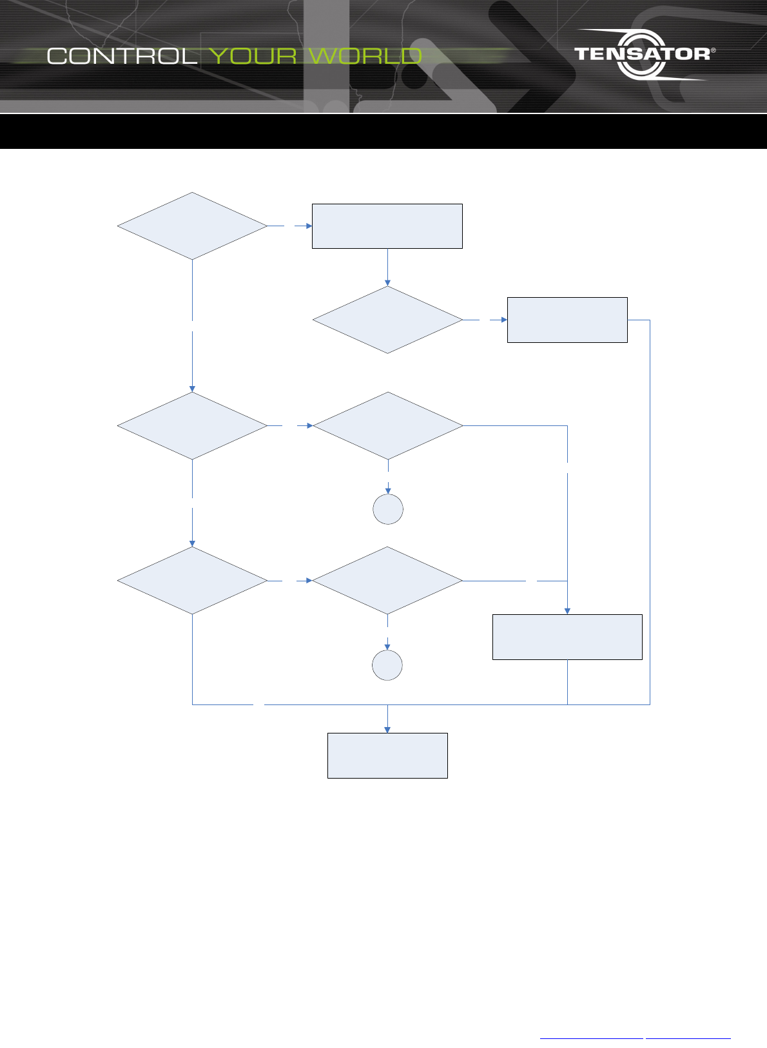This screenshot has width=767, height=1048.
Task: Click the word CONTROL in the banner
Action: pos(122,56)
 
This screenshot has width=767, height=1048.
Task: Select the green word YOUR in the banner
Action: pos(253,56)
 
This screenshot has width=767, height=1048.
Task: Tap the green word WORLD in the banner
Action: pos(365,56)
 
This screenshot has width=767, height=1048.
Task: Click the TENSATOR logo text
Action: pos(642,53)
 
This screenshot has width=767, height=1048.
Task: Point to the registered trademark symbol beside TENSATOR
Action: pos(712,50)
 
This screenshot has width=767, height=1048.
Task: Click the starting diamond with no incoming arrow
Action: pos(192,226)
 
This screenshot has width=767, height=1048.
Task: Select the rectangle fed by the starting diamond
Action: pos(387,226)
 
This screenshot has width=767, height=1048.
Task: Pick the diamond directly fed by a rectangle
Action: pos(387,320)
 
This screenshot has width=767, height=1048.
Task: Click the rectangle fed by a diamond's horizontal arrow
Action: pos(567,320)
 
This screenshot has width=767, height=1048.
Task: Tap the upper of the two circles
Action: pos(388,509)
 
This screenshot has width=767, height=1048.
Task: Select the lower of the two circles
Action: pos(387,665)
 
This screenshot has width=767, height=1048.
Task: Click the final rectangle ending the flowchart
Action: pos(387,755)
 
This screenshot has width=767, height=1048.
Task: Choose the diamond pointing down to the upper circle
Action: pos(388,426)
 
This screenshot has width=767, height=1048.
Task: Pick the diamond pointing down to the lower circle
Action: pos(387,581)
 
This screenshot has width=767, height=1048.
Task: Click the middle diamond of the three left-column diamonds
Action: pos(192,426)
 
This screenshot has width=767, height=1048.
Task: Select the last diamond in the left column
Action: pos(192,581)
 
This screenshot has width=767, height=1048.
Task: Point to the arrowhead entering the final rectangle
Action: pos(387,730)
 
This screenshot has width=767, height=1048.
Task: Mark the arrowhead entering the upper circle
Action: pos(388,490)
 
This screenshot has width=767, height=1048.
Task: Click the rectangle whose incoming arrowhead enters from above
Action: pos(567,637)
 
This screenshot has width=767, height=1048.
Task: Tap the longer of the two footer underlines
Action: pos(592,1038)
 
